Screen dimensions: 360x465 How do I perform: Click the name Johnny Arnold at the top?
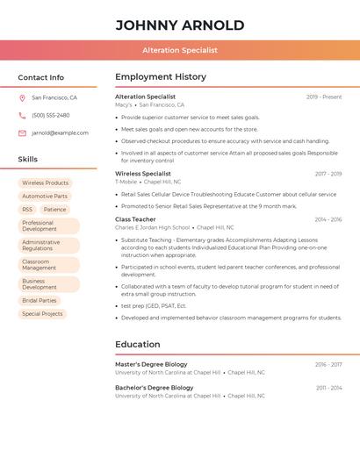[180, 25]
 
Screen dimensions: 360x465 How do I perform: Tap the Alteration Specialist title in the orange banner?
[180, 51]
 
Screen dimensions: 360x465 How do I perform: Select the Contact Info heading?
[41, 77]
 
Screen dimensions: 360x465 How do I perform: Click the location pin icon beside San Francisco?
[22, 98]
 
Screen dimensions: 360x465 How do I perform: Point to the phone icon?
[22, 116]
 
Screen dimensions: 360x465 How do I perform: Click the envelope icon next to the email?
[22, 133]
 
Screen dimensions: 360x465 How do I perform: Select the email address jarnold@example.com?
[60, 133]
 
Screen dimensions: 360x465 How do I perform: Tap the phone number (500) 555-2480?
[51, 116]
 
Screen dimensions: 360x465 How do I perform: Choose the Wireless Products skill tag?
[45, 183]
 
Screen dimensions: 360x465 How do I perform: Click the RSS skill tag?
[27, 210]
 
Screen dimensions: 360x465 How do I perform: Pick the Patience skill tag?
[54, 210]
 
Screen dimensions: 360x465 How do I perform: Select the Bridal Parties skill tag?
[40, 301]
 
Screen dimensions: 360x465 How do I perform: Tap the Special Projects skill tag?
[42, 314]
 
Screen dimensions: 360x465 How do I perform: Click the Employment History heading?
[161, 77]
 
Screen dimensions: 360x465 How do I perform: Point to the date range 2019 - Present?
[324, 97]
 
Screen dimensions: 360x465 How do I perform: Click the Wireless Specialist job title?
[143, 174]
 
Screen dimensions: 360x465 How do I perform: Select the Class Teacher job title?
[135, 219]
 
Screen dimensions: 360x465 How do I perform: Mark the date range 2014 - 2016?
[328, 219]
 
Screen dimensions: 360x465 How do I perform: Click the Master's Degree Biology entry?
[151, 364]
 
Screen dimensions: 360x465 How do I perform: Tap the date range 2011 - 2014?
[328, 388]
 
